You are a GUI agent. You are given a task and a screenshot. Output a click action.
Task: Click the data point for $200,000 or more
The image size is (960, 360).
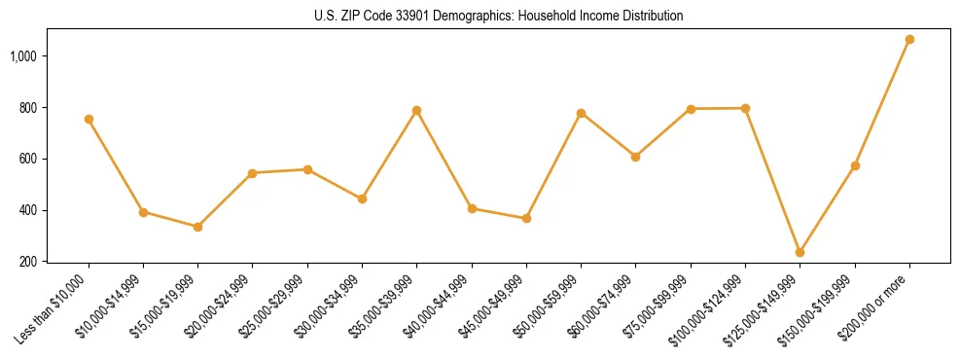[x=909, y=40]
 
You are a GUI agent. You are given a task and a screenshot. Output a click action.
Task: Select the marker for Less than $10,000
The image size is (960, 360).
[x=89, y=119]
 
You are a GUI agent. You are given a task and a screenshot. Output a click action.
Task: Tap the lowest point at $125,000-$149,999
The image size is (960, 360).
[x=800, y=252]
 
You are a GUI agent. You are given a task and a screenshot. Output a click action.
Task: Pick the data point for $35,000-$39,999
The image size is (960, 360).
[x=416, y=110]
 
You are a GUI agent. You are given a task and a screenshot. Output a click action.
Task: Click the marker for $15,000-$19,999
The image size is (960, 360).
[x=197, y=227]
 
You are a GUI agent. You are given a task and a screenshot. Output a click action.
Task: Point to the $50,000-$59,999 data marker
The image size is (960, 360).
[x=581, y=113]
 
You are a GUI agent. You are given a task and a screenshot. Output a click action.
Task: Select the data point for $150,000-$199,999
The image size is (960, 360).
[x=855, y=165]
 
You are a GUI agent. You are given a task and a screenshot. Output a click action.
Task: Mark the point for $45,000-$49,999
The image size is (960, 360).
[x=526, y=218]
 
